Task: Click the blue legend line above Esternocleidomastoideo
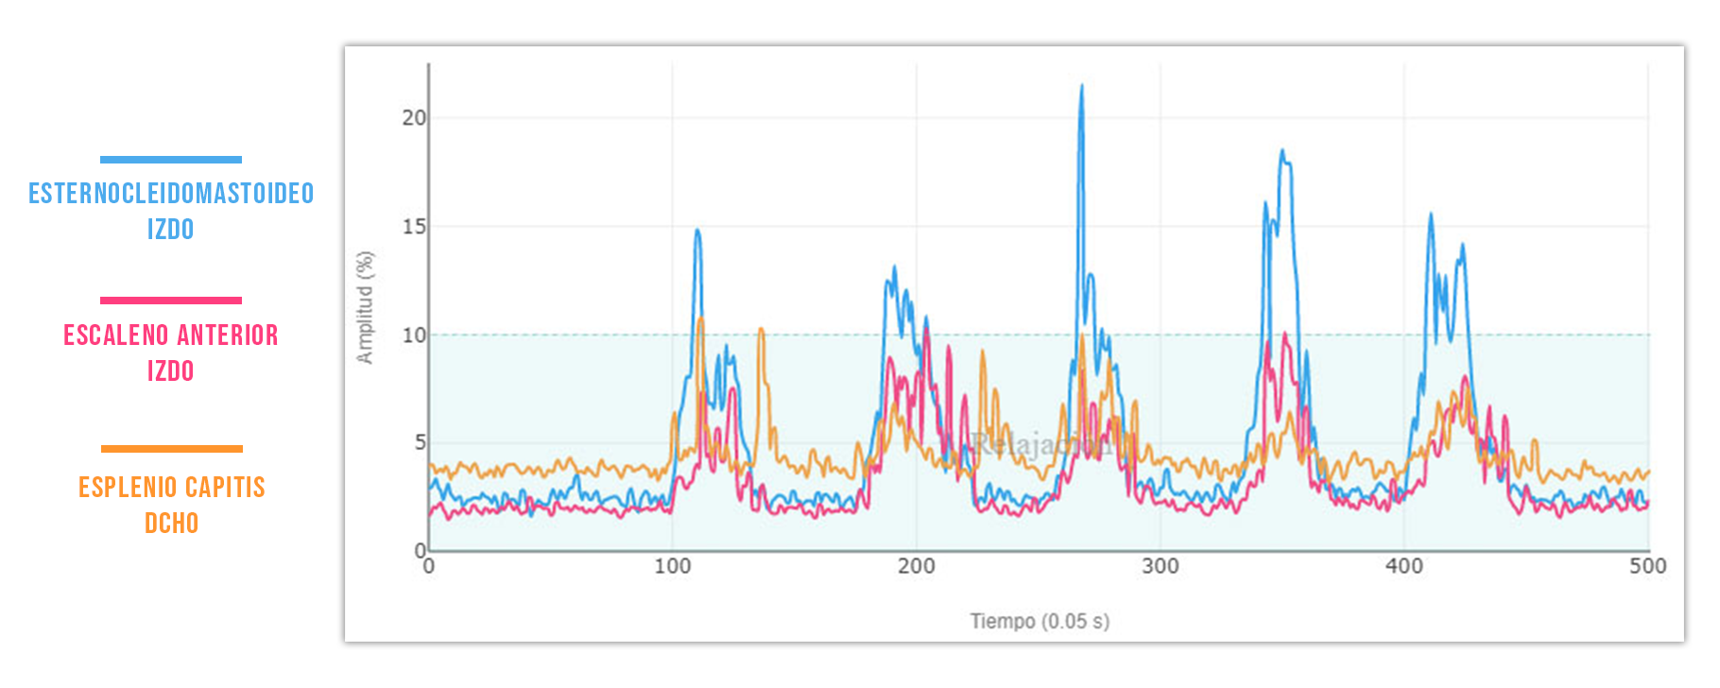click(171, 160)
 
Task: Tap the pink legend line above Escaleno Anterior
click(171, 301)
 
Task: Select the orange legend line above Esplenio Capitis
click(171, 449)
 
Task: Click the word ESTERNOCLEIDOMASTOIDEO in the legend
click(171, 194)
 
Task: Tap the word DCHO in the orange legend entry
click(171, 524)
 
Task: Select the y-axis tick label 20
click(413, 118)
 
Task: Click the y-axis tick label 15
click(413, 227)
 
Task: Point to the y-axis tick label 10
click(413, 335)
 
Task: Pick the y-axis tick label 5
click(420, 442)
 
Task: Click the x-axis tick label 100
click(672, 567)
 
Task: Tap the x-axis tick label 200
click(916, 567)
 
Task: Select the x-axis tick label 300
click(1160, 567)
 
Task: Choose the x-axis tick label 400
click(1403, 567)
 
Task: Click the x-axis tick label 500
click(1647, 567)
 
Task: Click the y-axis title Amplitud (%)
click(365, 307)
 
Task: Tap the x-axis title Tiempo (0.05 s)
click(1040, 622)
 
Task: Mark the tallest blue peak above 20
click(1081, 88)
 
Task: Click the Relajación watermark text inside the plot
click(1040, 443)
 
